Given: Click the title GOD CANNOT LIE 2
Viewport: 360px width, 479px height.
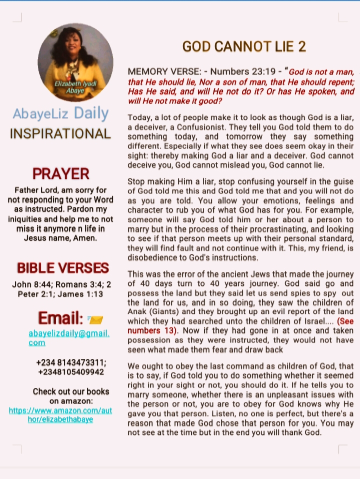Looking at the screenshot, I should pyautogui.click(x=243, y=47).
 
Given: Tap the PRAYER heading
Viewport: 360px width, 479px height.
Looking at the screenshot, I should pyautogui.click(x=60, y=173).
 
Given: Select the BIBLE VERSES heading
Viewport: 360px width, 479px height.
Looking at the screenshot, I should pyautogui.click(x=62, y=268).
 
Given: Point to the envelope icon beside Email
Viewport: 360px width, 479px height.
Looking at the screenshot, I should pyautogui.click(x=95, y=319).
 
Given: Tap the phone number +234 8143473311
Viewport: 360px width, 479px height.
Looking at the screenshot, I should pyautogui.click(x=71, y=362).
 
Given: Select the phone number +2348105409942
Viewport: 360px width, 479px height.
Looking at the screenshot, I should pyautogui.click(x=71, y=372).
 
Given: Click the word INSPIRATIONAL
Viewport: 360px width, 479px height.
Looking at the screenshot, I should pyautogui.click(x=60, y=134).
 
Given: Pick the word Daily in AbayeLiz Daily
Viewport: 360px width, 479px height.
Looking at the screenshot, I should pyautogui.click(x=91, y=113).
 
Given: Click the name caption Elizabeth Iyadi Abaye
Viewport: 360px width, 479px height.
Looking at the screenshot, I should pyautogui.click(x=75, y=86).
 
